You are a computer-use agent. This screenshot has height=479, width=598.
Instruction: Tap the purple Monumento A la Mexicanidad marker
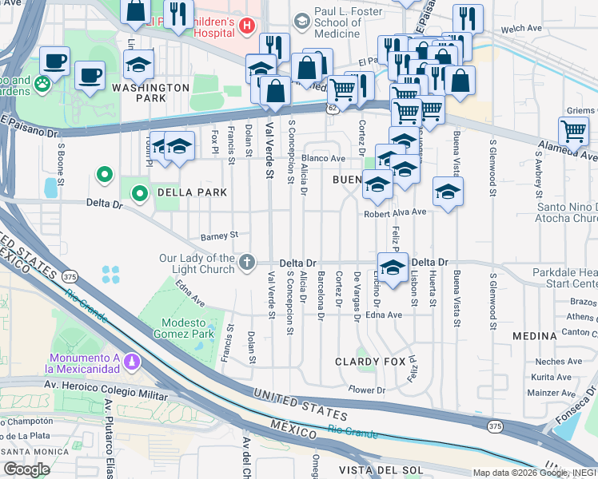point(132,363)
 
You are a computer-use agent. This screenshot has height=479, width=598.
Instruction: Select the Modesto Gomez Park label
point(188,328)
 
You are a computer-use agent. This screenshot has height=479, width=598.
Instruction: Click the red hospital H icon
point(246,26)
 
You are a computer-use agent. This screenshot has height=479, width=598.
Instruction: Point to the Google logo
point(26,469)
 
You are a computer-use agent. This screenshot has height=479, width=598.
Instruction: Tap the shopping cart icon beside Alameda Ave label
point(573,131)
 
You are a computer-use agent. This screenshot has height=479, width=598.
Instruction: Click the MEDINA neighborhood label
point(534,336)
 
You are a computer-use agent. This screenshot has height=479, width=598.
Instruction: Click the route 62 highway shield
point(333,107)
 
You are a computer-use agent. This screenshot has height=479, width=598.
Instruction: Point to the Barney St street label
point(220,236)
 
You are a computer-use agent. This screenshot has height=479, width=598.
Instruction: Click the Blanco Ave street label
point(323,159)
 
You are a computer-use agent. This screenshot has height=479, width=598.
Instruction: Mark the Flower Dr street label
point(367,390)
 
